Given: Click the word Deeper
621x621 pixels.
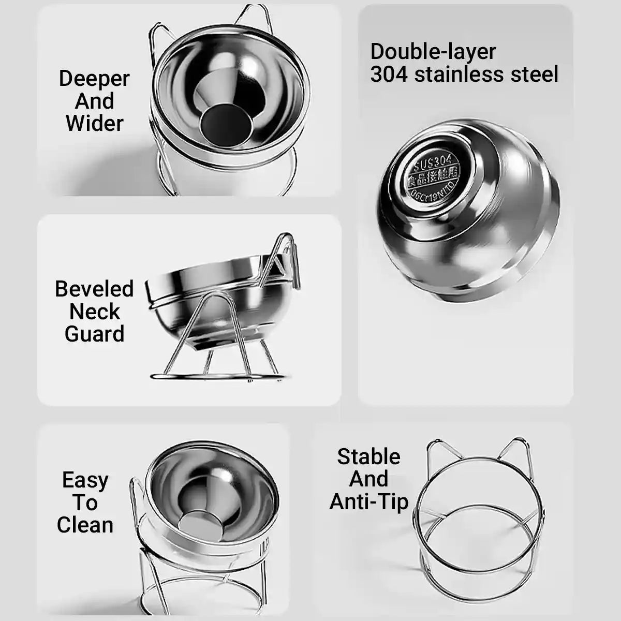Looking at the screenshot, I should (x=94, y=79).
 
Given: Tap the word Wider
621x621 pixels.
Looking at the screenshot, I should (x=95, y=124).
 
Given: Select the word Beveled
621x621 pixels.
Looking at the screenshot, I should (x=94, y=289).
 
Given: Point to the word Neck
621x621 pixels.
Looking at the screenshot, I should (x=94, y=312).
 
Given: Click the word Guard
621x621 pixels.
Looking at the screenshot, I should (x=94, y=334).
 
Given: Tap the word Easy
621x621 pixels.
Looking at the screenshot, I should (x=85, y=480).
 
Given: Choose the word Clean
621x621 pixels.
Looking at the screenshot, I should (x=85, y=525).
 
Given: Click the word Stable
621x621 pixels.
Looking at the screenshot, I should (x=368, y=456).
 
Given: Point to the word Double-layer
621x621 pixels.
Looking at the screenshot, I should (x=433, y=52).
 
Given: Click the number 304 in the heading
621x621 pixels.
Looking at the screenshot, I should (x=389, y=75).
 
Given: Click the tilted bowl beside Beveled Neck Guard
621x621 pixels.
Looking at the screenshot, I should (x=207, y=300).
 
